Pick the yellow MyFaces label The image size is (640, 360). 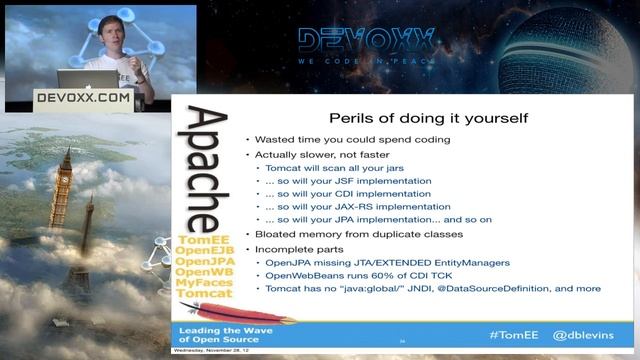tap(204, 284)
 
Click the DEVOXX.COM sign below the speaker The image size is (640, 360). tap(83, 98)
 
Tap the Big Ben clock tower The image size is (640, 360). tap(65, 190)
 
